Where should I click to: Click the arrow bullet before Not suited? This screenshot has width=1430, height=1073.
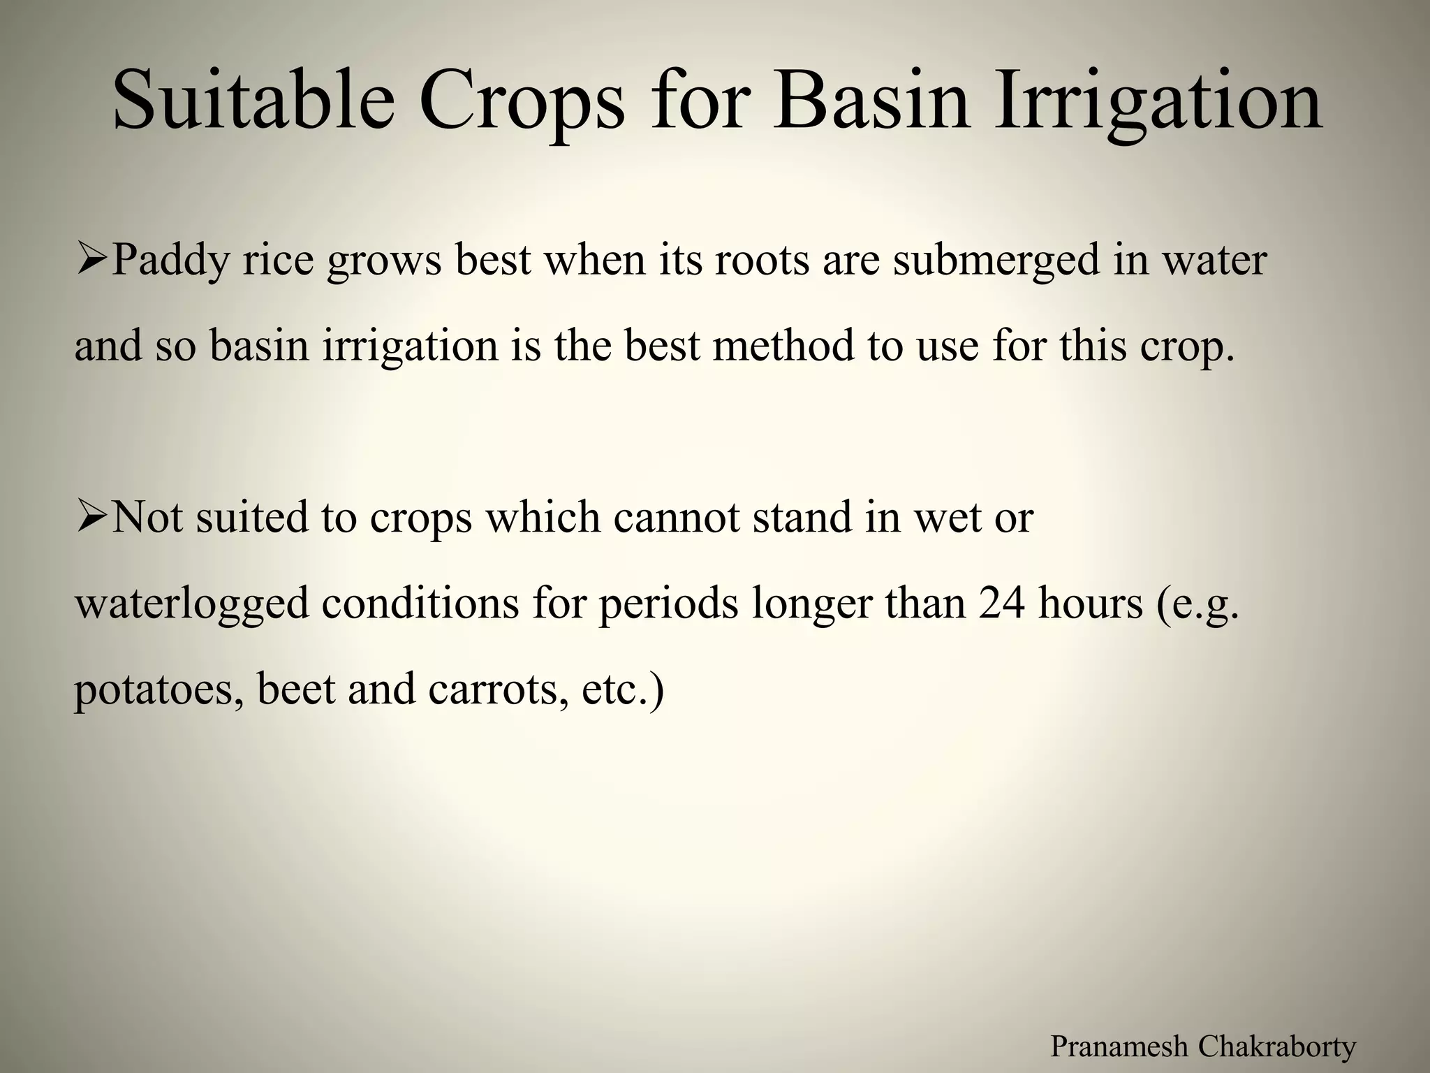[91, 518]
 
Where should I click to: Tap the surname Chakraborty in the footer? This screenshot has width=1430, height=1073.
[1277, 1046]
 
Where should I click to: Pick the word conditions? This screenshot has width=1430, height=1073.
[420, 604]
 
